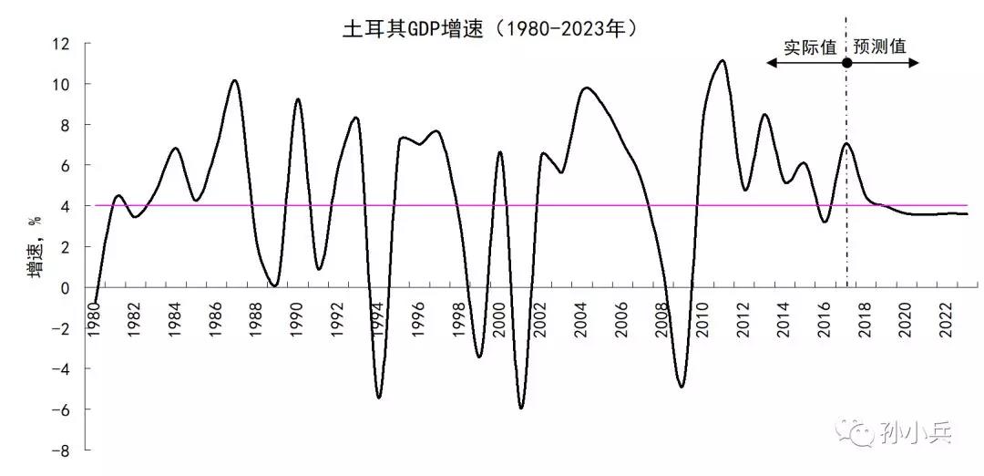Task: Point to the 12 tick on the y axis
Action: (62, 43)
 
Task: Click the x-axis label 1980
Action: (94, 319)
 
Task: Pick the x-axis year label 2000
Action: (499, 319)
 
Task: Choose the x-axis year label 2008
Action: (662, 319)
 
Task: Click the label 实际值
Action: (810, 47)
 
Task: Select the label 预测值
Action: (880, 47)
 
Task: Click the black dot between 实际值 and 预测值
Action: (846, 63)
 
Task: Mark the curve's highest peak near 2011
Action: (722, 61)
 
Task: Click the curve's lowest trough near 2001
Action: (521, 408)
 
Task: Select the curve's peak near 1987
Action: (234, 81)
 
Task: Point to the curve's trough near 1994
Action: (378, 397)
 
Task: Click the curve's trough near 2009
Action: (682, 387)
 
